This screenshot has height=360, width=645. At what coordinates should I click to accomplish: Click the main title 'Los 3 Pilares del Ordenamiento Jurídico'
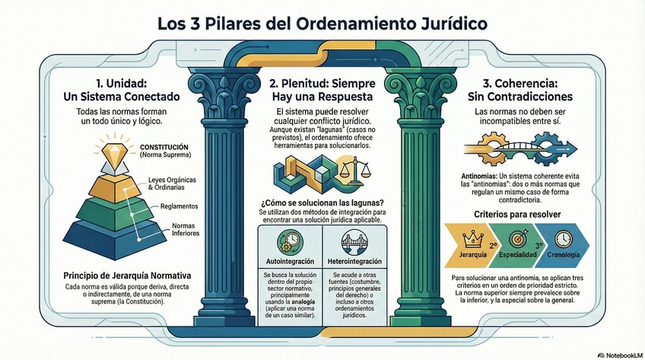(322, 23)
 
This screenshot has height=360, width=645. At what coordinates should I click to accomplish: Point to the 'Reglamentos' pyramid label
(180, 206)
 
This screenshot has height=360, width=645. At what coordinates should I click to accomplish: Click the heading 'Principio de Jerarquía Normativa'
(116, 275)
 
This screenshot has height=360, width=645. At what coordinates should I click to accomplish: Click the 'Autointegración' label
(288, 262)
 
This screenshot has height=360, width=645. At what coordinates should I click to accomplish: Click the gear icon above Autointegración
(289, 241)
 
